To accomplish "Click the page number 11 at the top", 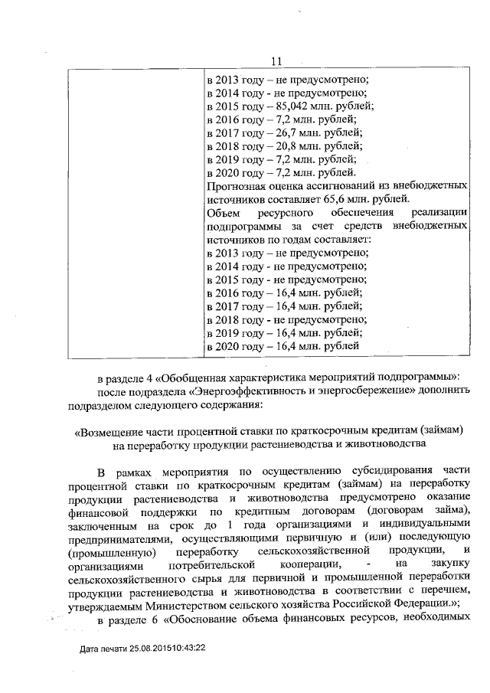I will coord(277,61).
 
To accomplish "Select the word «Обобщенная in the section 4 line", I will coord(189,378).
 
